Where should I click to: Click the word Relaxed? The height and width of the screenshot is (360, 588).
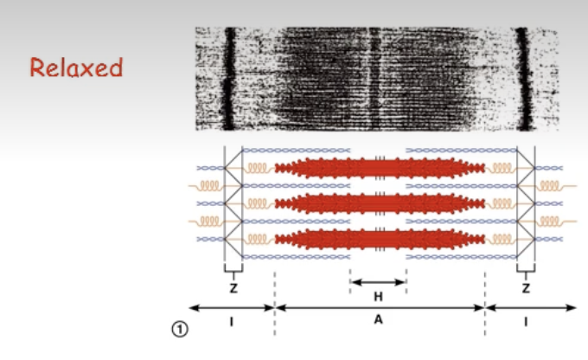[76, 67]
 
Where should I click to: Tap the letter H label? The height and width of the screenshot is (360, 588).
[378, 296]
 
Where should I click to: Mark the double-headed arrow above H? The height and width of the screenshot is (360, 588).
[378, 281]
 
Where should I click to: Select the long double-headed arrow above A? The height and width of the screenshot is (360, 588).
[379, 307]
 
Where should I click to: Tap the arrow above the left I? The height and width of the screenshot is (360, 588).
[231, 307]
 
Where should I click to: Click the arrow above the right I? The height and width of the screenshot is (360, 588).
[529, 307]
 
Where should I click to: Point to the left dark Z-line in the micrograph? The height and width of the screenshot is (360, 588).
[229, 78]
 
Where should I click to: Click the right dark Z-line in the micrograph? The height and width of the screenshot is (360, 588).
[521, 78]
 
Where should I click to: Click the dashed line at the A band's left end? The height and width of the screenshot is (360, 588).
[275, 294]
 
